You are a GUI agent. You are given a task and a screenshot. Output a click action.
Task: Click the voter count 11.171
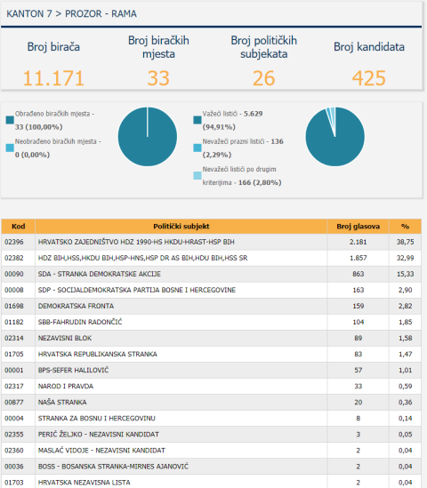coord(53,78)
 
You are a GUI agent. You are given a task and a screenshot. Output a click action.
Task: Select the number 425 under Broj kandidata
coord(369,78)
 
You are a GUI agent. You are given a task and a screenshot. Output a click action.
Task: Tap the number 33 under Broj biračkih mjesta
coord(158,78)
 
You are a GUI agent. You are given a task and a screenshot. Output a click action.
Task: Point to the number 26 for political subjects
coord(263,78)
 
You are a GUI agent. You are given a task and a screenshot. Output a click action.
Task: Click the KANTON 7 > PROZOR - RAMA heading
coord(72,13)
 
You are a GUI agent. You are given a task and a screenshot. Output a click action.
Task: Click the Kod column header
coord(18,227)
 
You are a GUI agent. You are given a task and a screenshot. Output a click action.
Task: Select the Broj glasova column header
coord(358,227)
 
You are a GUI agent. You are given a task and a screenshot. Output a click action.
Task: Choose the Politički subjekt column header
coord(181,227)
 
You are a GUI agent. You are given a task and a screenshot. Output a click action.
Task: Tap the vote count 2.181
coord(358,242)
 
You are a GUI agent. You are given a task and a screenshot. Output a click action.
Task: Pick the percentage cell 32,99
coord(405,258)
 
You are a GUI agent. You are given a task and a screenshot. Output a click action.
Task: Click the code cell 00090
coord(14,274)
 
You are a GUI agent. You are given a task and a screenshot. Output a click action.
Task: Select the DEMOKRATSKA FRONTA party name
coord(76,306)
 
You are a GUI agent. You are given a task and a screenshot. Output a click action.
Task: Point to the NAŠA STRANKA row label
coord(62,402)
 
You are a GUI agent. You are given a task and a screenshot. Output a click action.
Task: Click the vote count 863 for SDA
coord(358,274)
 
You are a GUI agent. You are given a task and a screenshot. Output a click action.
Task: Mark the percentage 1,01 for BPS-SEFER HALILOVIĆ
coord(405,370)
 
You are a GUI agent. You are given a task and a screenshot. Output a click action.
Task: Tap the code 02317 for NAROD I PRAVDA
coord(14,387)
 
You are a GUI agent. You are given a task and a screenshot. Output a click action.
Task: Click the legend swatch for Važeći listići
coord(197,120)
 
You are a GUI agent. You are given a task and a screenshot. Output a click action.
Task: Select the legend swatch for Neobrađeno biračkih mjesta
coord(10,148)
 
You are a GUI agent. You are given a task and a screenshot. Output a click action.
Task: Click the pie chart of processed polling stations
coord(148,137)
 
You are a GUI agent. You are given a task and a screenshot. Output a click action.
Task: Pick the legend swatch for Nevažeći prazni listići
coord(197,148)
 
